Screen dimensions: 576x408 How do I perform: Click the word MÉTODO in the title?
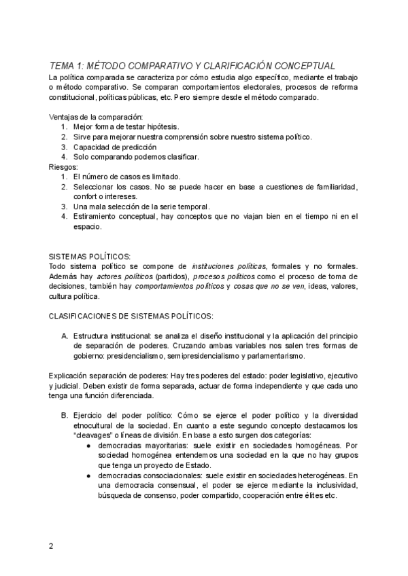click(109, 65)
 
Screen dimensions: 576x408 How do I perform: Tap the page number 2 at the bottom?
click(51, 546)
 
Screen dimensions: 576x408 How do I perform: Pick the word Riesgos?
click(65, 166)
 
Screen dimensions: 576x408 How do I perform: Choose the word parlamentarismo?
click(272, 356)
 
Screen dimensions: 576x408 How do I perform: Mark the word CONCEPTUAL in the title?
click(301, 65)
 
